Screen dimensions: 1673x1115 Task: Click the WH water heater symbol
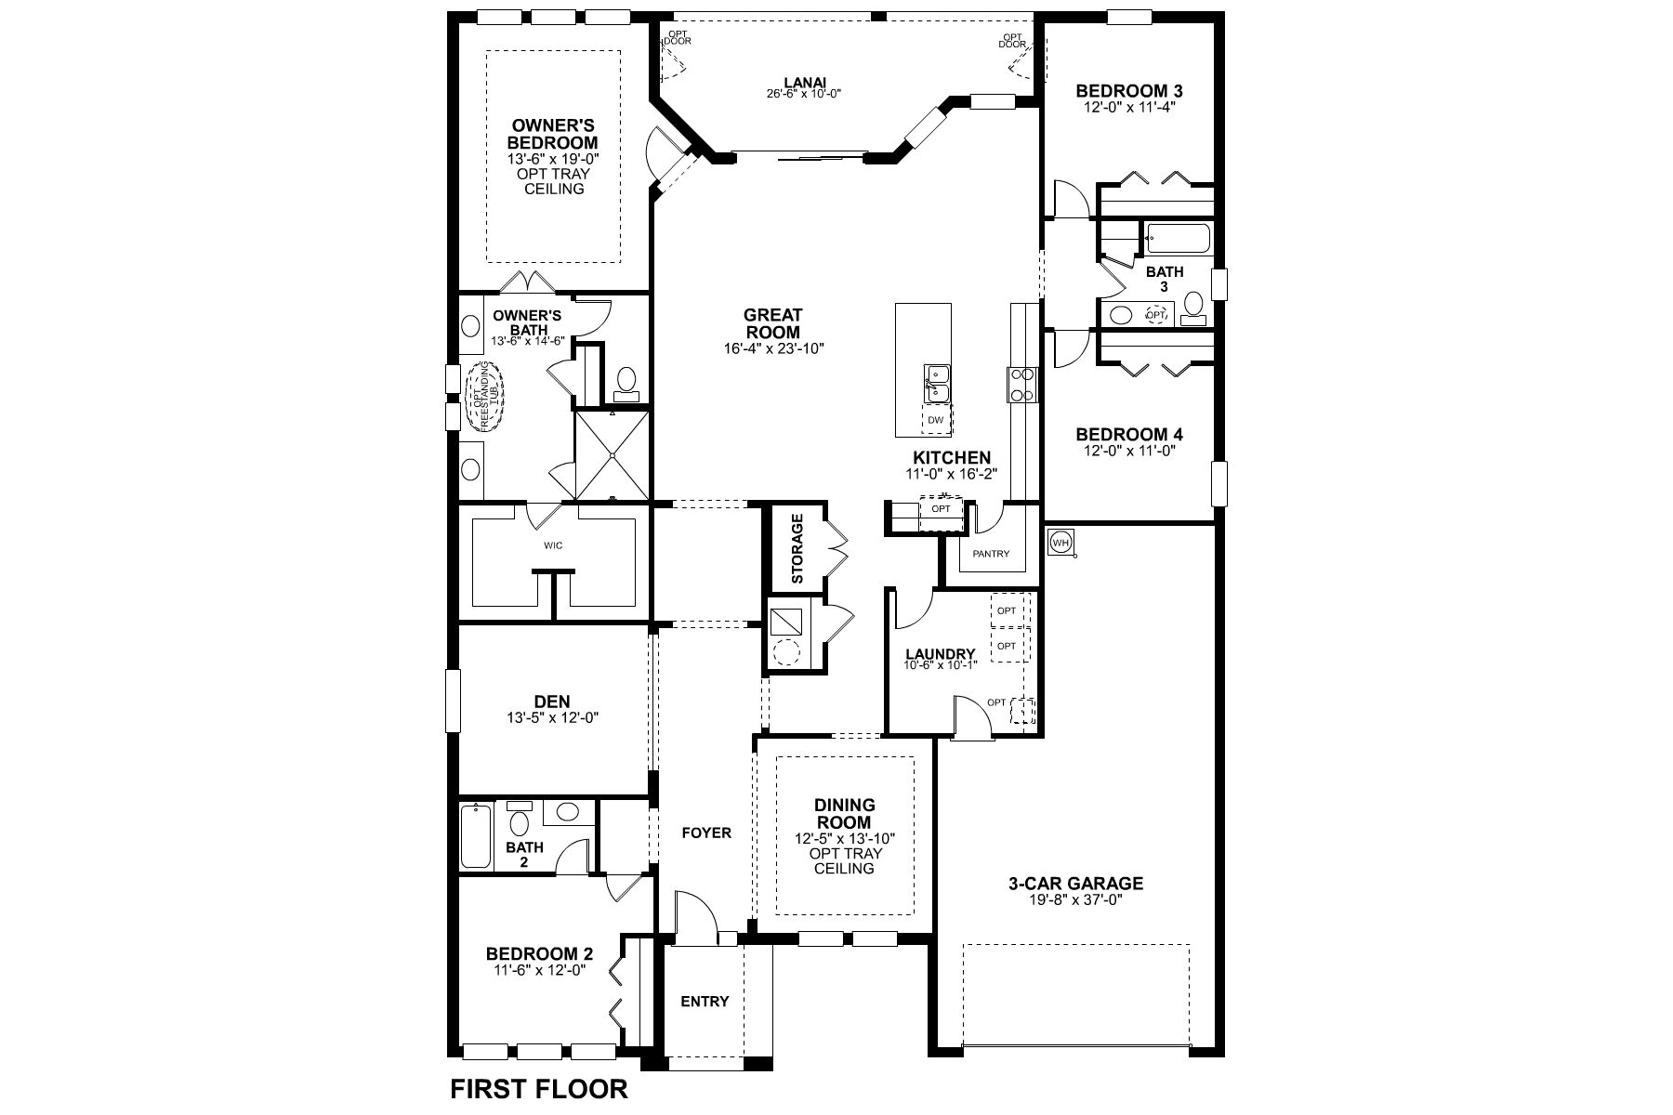[x=1060, y=542]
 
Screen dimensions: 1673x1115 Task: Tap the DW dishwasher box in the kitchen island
[x=936, y=420]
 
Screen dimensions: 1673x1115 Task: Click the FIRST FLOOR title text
[x=539, y=1088]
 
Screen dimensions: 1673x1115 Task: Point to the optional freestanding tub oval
[x=482, y=397]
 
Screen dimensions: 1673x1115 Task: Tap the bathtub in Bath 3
[x=1178, y=239]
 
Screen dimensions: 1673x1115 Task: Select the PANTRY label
[x=991, y=554]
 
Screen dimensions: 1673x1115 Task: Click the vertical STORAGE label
[x=797, y=549]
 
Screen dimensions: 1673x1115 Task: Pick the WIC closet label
[x=553, y=545]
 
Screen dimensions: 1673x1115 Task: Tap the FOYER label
[x=706, y=833]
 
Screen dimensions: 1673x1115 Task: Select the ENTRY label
[x=705, y=1001]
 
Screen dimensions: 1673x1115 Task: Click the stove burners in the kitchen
[x=1021, y=385]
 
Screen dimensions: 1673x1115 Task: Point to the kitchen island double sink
[x=936, y=384]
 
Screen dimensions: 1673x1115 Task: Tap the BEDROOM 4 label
[x=1129, y=434]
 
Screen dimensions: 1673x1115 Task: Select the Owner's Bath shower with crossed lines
[x=613, y=454]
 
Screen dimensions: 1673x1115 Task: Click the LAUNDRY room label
[x=941, y=653]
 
